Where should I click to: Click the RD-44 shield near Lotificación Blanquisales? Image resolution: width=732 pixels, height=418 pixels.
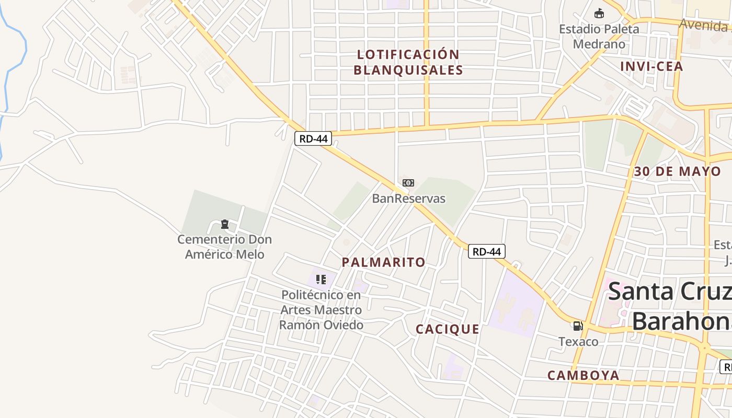(x=313, y=138)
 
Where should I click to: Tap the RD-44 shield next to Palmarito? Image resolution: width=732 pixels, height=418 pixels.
(x=486, y=251)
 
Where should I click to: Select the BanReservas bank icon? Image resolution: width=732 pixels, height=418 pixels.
(x=408, y=183)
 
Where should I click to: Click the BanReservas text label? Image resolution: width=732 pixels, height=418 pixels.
(x=408, y=199)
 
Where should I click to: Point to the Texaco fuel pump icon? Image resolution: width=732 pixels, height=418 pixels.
(x=578, y=326)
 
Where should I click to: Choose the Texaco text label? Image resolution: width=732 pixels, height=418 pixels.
(x=578, y=342)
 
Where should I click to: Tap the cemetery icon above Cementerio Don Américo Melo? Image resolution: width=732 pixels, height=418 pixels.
(x=225, y=224)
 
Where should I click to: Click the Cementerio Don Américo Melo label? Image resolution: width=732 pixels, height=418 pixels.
(x=224, y=247)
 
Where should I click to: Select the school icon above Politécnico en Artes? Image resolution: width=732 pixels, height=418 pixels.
(x=321, y=280)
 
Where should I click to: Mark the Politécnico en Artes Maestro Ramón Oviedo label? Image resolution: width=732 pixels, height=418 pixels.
(x=321, y=310)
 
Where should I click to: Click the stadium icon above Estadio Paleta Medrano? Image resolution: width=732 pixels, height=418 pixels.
(x=599, y=13)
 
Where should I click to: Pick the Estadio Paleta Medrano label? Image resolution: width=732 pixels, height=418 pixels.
(x=599, y=36)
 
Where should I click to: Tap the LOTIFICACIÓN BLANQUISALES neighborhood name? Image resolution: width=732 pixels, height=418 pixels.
(x=408, y=62)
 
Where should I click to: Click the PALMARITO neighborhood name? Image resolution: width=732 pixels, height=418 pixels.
(x=384, y=262)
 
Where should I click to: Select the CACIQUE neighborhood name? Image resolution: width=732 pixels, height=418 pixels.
(x=448, y=329)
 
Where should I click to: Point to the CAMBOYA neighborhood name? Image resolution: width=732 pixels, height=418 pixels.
(x=584, y=375)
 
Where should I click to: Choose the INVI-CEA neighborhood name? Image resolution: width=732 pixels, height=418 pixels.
(x=651, y=66)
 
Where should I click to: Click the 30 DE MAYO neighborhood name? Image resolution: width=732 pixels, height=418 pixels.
(x=677, y=171)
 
